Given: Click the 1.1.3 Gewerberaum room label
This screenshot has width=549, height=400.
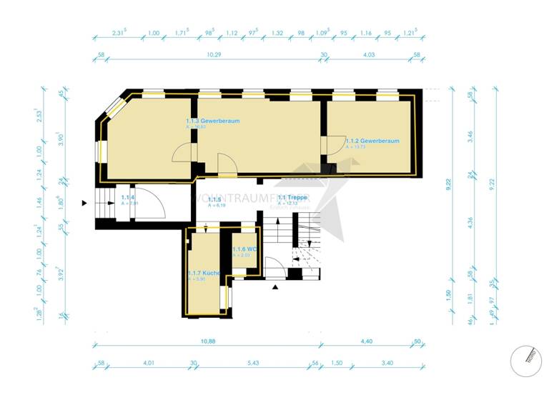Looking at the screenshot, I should pyautogui.click(x=212, y=121).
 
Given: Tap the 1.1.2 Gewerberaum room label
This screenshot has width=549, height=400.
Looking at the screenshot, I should pyautogui.click(x=372, y=141).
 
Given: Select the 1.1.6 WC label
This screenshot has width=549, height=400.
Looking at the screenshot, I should pyautogui.click(x=243, y=249).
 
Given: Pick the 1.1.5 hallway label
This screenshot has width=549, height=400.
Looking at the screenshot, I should pyautogui.click(x=214, y=199).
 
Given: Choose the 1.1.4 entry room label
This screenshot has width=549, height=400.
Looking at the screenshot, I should pyautogui.click(x=128, y=197).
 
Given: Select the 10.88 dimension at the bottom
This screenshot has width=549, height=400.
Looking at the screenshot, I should pyautogui.click(x=208, y=341).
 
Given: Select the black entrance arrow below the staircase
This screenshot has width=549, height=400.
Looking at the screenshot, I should pyautogui.click(x=275, y=287).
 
